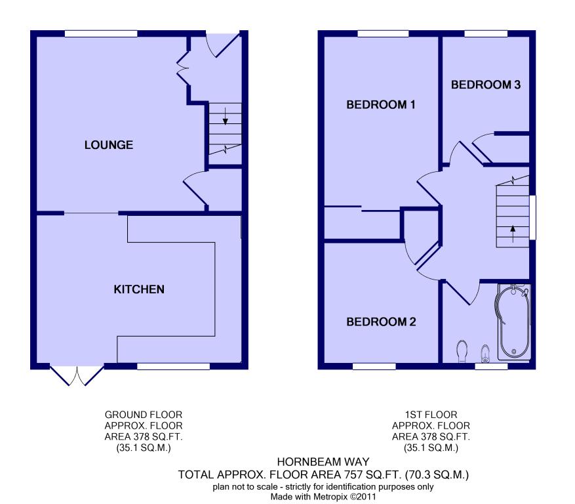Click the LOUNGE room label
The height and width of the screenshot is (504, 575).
click(109, 145)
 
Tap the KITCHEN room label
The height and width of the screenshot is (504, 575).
click(139, 289)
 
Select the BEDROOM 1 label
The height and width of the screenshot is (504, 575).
click(381, 104)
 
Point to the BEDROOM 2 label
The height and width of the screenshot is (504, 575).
click(382, 322)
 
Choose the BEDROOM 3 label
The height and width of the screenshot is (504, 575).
click(486, 85)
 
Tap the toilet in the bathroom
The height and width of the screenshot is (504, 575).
click(462, 350)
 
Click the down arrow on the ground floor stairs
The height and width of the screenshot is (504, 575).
click(225, 116)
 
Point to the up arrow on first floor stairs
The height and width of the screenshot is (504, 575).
click(513, 234)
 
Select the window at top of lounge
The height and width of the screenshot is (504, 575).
click(101, 33)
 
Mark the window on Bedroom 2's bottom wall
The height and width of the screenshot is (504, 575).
click(374, 366)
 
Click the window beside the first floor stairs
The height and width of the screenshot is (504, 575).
click(532, 218)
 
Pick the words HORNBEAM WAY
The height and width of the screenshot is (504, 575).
click(323, 462)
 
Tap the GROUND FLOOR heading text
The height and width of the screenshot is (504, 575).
click(144, 415)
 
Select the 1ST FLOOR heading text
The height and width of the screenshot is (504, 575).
click(431, 415)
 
